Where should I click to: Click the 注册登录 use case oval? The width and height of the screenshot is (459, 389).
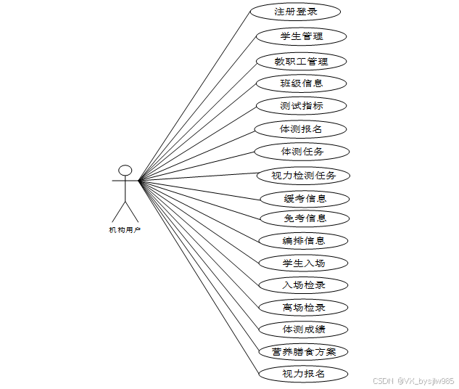point(295,12)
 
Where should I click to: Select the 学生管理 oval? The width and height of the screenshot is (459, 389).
point(301,36)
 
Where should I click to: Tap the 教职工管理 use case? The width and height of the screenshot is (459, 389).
point(301,62)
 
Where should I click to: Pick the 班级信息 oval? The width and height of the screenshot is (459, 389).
point(301,83)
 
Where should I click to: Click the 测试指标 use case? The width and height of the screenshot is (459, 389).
point(301,106)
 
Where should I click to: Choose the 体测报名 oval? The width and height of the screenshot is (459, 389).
point(300,129)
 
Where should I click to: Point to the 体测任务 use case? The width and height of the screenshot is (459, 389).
point(302,152)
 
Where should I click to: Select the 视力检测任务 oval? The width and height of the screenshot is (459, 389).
point(303,176)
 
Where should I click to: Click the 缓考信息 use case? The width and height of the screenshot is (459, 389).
point(304,198)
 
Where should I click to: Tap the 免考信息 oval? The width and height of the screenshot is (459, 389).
point(304,218)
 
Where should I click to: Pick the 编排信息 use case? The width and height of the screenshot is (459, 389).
point(303,240)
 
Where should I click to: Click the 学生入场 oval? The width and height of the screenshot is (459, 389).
point(303,263)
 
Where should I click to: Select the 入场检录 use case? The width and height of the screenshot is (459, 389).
point(303,285)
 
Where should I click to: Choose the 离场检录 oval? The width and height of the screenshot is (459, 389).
point(303,307)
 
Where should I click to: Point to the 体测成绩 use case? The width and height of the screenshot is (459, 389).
point(303,329)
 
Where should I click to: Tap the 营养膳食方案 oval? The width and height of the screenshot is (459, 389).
point(303,352)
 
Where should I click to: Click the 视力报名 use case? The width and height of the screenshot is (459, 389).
point(303,374)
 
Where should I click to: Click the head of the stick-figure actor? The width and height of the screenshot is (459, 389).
point(125,171)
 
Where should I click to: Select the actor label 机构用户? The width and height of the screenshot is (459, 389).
point(125,230)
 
